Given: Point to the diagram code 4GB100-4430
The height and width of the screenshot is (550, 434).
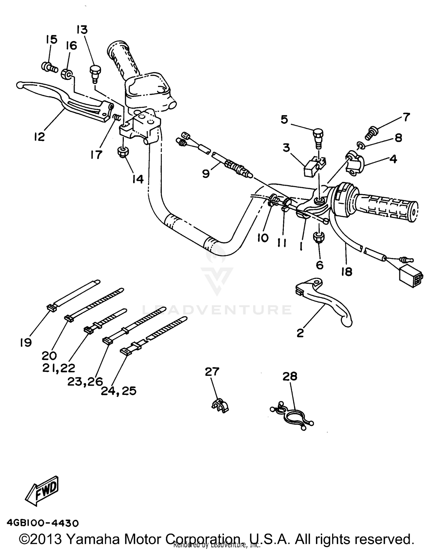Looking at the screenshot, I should [43, 523].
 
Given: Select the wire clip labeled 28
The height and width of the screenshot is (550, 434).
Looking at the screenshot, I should [292, 415].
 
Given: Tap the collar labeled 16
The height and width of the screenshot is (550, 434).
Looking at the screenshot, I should [67, 74].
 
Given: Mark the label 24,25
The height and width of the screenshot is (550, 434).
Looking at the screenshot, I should [119, 391].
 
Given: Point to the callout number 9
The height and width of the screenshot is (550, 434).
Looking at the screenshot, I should [206, 174].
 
